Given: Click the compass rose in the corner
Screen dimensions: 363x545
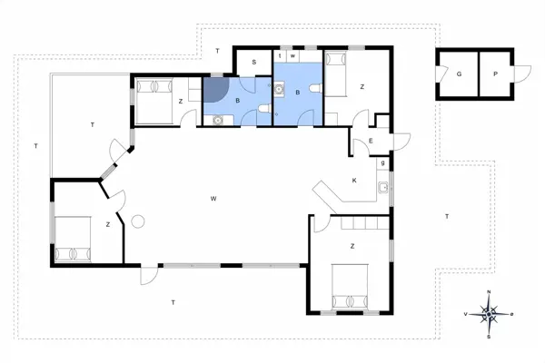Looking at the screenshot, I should pos(490,313).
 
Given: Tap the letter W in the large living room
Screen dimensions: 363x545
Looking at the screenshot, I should pos(213,198).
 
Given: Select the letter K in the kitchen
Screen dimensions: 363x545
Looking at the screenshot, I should pos(354,181).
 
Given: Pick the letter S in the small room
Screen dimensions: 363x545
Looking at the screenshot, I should pos(254,62).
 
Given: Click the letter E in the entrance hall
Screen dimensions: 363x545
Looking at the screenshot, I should pos(372,142).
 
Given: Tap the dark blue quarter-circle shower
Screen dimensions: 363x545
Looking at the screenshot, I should pos(216,88).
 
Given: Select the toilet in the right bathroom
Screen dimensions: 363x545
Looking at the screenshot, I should pos(312,87).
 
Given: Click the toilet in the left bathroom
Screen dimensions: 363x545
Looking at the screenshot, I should pos(262,110).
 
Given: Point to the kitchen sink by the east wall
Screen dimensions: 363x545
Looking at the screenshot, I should pos(385,188).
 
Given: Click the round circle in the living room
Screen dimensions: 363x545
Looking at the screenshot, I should pos(139,221).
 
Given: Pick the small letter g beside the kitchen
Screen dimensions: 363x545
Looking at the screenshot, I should pos(383,162).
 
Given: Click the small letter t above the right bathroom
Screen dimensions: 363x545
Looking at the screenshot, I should pos(281,56).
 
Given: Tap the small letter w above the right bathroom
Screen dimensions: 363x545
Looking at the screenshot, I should pos(292,56).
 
